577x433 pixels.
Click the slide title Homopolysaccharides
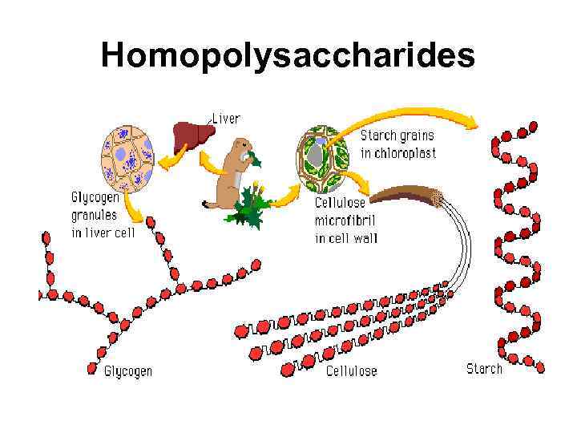288,55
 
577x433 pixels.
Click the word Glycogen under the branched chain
128,371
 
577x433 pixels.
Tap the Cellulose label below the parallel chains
351,371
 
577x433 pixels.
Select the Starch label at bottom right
484,369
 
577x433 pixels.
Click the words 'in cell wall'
346,238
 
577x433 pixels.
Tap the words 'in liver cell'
103,233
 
